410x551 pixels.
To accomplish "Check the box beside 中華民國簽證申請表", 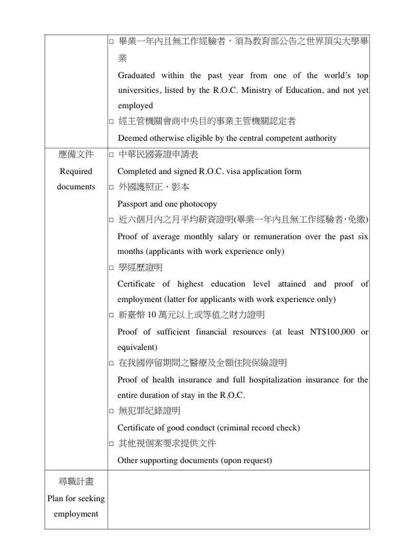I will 111,155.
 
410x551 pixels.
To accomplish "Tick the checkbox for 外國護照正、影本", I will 111,188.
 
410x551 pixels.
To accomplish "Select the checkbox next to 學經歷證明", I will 111,268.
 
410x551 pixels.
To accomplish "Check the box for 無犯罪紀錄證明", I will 111,411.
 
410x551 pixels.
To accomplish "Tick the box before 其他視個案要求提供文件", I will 111,443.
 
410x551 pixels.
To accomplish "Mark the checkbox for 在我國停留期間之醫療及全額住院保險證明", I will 111,363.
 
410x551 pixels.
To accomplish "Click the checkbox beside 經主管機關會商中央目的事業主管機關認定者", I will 111,122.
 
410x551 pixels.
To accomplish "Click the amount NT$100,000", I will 332,332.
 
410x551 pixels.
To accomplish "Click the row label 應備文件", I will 76,155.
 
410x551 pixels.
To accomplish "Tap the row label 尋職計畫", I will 76,482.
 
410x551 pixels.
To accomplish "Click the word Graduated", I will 136,76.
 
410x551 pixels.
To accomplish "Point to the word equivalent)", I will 137,347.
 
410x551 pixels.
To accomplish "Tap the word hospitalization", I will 276,380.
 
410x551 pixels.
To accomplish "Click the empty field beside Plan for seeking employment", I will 238,499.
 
